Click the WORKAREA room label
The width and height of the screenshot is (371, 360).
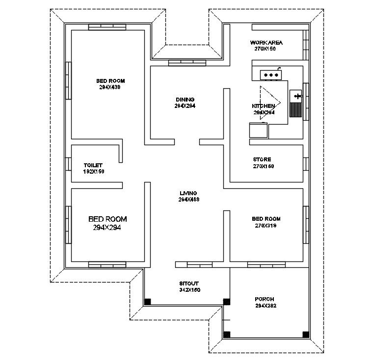266,43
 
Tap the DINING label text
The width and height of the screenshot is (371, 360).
185,100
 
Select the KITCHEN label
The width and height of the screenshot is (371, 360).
264,106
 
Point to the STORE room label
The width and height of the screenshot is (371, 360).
262,159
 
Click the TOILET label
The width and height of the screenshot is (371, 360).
93,165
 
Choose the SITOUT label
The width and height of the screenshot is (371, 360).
189,283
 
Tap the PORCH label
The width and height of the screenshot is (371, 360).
265,299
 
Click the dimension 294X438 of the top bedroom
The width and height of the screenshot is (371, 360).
110,87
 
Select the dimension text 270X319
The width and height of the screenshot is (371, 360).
266,226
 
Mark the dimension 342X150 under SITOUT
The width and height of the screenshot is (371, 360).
189,290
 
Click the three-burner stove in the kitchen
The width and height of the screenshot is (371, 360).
271,75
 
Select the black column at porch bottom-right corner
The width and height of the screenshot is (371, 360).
306,334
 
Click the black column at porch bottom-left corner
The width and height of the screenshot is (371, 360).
226,334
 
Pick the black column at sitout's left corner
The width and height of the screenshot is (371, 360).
147,302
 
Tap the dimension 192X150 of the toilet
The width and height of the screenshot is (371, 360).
94,172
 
